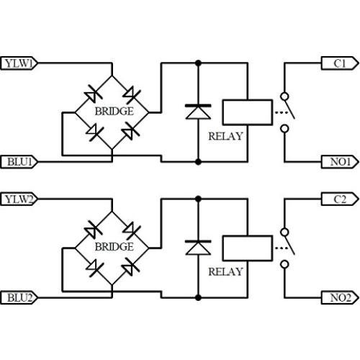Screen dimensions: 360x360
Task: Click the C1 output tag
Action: coord(338,63)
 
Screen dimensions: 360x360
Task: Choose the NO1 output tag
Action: coord(338,161)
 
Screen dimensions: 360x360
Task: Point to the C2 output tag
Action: coord(338,198)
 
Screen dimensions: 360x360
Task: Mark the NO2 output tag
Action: coord(338,296)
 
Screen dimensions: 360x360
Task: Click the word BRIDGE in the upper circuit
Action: coord(114,112)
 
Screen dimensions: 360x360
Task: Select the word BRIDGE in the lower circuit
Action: coord(114,246)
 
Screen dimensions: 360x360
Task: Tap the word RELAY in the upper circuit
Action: coord(225,135)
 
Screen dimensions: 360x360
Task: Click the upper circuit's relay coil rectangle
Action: coord(246,112)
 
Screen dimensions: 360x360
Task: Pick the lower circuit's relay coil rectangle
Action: coord(246,246)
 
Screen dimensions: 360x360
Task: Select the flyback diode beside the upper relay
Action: coord(197,112)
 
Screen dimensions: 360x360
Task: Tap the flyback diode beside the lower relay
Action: coord(197,246)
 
